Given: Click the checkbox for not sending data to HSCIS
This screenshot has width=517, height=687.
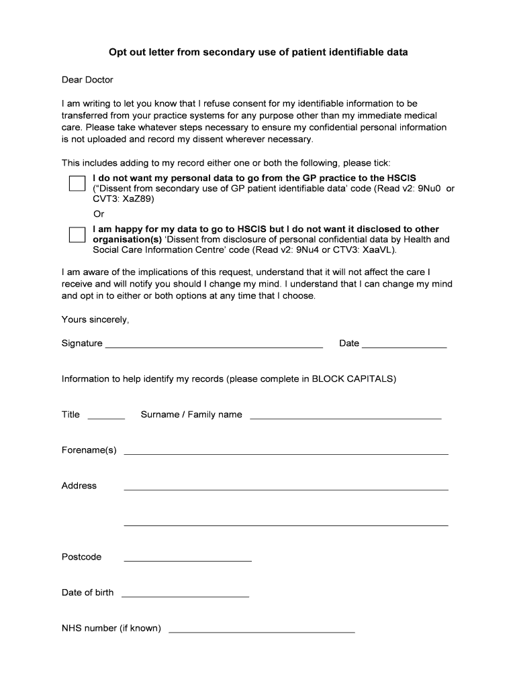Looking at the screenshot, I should click(x=77, y=183).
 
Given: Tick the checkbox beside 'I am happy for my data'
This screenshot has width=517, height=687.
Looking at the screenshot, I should click(x=77, y=234).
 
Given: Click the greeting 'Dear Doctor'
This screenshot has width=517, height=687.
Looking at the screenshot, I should click(x=87, y=80).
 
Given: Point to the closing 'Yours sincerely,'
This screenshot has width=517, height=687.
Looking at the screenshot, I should click(x=95, y=319).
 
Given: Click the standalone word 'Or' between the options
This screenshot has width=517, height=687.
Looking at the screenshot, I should click(x=99, y=214).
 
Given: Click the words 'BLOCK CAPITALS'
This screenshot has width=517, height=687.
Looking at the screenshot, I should click(x=354, y=379).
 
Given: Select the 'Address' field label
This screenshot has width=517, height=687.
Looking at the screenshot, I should click(x=79, y=486).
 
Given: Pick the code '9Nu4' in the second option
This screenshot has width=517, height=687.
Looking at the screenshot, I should click(x=310, y=250).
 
